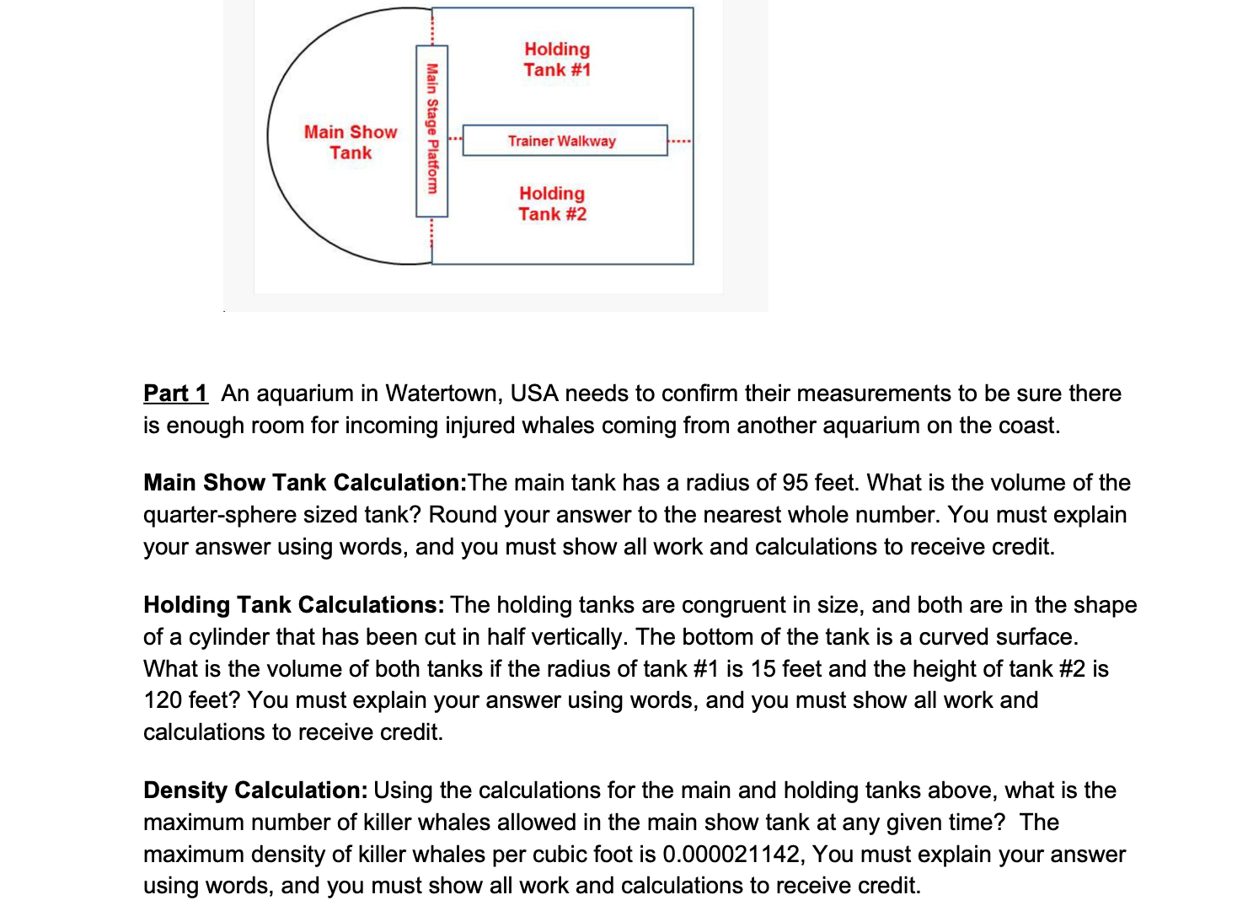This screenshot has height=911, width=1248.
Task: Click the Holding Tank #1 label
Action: [x=557, y=60]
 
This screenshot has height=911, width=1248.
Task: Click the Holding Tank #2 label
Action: [x=552, y=204]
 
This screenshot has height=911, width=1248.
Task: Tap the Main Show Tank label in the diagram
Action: [x=351, y=142]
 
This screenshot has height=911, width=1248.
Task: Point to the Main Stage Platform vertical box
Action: [x=431, y=130]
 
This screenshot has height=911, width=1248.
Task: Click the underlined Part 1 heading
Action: [x=175, y=394]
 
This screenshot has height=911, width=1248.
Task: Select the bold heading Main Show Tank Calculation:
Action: [x=305, y=483]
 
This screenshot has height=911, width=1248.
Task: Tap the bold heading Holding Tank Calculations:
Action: [x=293, y=605]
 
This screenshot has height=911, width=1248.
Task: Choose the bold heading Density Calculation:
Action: [x=255, y=790]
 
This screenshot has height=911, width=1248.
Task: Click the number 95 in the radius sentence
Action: [x=795, y=483]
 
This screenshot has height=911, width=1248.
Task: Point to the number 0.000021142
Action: [x=731, y=855]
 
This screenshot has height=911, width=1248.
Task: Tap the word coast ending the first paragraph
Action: [x=1028, y=426]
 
